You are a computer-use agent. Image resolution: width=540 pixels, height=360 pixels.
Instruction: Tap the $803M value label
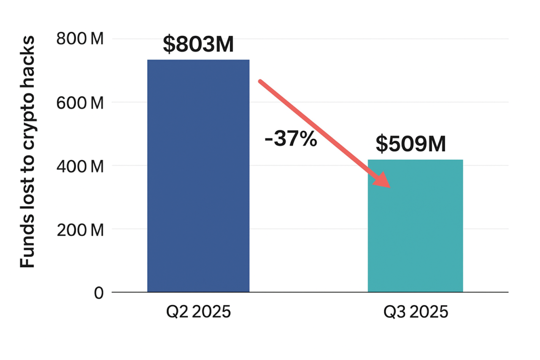(198, 45)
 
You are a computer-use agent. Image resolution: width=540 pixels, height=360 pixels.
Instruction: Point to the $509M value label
(411, 144)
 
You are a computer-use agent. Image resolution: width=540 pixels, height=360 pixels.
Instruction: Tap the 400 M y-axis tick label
(80, 166)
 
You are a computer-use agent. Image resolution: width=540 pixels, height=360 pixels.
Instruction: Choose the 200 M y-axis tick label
(80, 230)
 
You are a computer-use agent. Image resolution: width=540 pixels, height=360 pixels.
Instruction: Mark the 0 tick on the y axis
(99, 293)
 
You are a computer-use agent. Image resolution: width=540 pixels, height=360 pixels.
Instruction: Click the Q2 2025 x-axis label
(198, 313)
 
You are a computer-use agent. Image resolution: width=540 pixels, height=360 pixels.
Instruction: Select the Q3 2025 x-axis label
(415, 313)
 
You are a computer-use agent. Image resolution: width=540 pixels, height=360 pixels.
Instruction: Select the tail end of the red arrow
(261, 81)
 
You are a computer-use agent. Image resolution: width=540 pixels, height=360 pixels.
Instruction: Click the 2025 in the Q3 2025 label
(428, 313)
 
